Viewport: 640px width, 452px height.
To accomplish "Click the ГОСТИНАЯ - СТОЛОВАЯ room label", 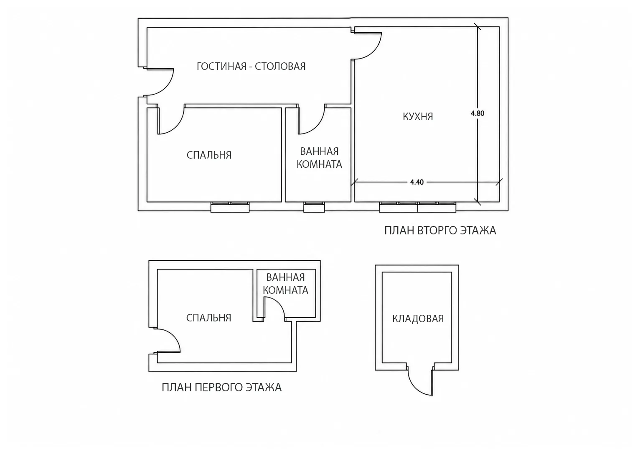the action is pyautogui.click(x=251, y=67).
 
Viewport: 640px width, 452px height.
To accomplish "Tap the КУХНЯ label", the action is pyautogui.click(x=418, y=117).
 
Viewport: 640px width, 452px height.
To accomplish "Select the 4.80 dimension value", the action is pyautogui.click(x=477, y=113).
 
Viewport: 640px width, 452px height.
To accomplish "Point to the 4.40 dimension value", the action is pyautogui.click(x=417, y=182).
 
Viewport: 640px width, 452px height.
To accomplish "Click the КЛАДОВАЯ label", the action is pyautogui.click(x=418, y=318).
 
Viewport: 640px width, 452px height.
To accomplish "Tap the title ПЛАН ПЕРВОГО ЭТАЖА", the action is pyautogui.click(x=222, y=388).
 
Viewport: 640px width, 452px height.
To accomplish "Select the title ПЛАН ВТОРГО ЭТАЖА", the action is pyautogui.click(x=440, y=231).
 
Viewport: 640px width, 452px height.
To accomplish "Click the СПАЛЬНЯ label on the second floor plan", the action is pyautogui.click(x=209, y=155).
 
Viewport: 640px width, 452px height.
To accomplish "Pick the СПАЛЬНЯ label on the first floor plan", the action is pyautogui.click(x=208, y=318).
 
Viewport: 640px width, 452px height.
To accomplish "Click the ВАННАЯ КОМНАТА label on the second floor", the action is pyautogui.click(x=319, y=158).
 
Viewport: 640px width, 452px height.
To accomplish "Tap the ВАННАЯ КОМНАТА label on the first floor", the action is pyautogui.click(x=285, y=284).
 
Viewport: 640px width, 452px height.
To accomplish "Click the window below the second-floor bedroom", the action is pyautogui.click(x=230, y=207).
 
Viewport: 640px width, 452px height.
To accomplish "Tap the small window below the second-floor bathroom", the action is pyautogui.click(x=314, y=207).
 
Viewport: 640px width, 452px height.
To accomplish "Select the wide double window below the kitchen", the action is pyautogui.click(x=417, y=207).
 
